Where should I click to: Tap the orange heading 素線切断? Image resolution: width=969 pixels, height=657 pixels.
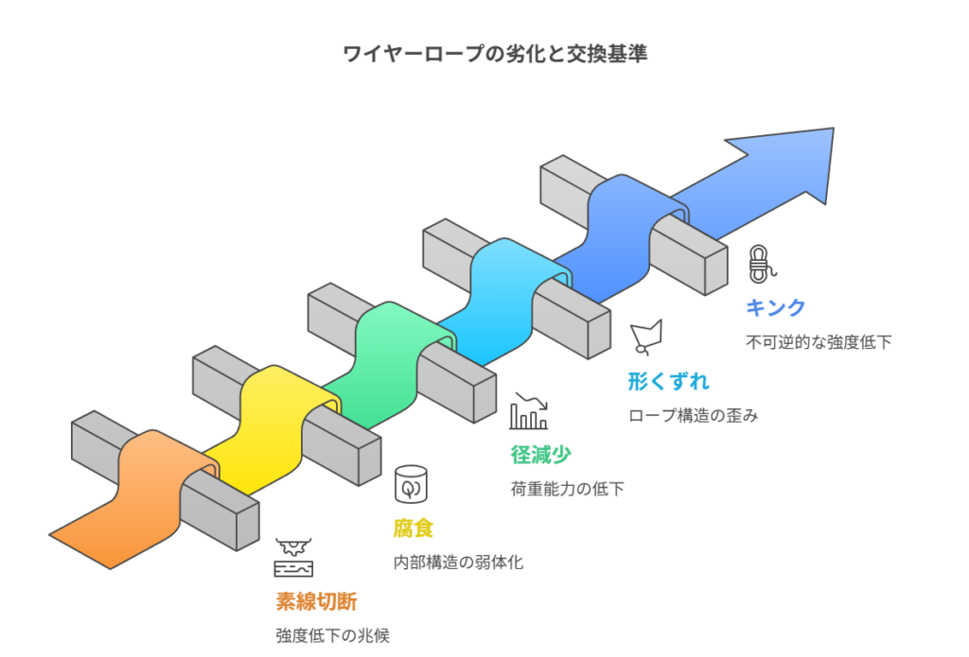pos(316,601)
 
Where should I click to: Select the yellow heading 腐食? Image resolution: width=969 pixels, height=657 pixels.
pos(414,527)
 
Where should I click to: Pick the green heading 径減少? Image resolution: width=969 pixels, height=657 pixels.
pos(540,454)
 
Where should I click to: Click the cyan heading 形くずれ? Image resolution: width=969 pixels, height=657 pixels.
pos(668,382)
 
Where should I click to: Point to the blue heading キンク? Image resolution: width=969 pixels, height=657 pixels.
pos(776,307)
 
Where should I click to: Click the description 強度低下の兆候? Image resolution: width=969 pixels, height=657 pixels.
pos(332,635)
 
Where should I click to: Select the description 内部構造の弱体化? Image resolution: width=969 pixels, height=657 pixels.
pos(458,562)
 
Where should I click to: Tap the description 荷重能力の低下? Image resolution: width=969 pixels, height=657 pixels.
pos(567,489)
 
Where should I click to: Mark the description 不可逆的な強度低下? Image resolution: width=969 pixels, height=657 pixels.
pos(819,342)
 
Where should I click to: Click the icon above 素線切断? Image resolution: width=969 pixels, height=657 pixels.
pos(292,558)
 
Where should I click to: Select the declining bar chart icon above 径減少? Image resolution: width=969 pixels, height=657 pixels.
pos(528,410)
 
